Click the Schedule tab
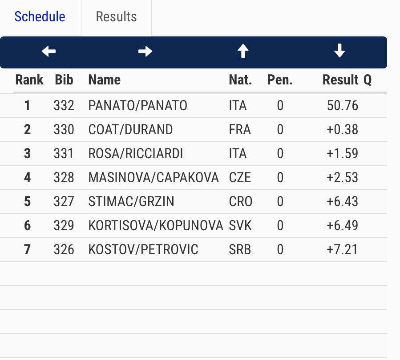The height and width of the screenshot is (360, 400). (40, 17)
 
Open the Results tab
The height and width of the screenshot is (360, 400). (116, 17)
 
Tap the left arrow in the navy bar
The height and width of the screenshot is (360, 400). (48, 52)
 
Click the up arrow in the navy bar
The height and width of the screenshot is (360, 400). (242, 52)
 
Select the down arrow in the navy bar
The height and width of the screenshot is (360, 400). (339, 52)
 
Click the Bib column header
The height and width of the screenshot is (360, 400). (64, 80)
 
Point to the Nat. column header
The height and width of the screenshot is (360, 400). (240, 80)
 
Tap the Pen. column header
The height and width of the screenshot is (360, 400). (280, 80)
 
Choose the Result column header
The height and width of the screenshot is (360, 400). (340, 80)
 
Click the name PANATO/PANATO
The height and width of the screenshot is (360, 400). (138, 106)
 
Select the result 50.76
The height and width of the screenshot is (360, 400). (342, 106)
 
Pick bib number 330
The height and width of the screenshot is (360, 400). (64, 130)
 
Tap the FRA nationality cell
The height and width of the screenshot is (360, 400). (240, 130)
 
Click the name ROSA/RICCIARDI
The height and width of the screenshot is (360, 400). (136, 154)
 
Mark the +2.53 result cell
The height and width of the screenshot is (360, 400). (342, 178)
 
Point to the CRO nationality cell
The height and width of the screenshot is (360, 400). (241, 202)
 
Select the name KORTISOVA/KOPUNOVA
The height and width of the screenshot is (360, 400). (155, 226)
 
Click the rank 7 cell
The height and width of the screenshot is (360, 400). (28, 250)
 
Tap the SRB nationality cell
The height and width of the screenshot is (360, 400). (240, 250)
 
